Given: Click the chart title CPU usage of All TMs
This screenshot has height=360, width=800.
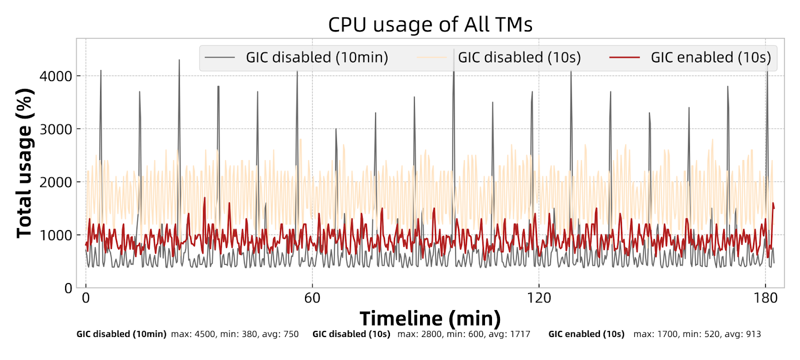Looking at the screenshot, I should (x=430, y=24).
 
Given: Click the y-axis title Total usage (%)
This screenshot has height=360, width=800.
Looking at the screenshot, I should (x=24, y=163).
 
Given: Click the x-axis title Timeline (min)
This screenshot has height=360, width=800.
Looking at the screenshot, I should (x=430, y=318).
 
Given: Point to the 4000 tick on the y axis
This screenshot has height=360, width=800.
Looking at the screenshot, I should (x=55, y=76).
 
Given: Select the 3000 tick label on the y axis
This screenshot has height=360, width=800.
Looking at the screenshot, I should (x=55, y=129).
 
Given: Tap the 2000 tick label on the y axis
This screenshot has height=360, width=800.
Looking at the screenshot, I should (x=55, y=182).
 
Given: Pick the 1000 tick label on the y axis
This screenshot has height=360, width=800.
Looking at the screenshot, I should (x=55, y=235).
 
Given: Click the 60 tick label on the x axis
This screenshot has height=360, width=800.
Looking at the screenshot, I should (x=312, y=298).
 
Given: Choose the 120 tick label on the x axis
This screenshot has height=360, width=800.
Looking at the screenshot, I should (x=539, y=298).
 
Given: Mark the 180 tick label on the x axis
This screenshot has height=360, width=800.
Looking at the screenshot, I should (x=765, y=298).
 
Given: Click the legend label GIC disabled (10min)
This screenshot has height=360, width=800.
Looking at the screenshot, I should (x=317, y=57).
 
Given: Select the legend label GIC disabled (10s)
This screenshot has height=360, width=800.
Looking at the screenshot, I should (x=519, y=57).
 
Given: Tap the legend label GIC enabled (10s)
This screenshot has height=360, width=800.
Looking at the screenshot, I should (x=710, y=57).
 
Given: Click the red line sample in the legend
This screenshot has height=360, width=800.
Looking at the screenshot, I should (x=624, y=57).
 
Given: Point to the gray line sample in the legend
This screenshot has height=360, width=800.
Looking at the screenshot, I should (x=219, y=57).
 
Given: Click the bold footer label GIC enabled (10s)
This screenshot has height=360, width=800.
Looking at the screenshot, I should (x=586, y=334).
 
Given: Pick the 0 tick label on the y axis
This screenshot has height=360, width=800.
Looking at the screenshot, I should (x=68, y=288).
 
